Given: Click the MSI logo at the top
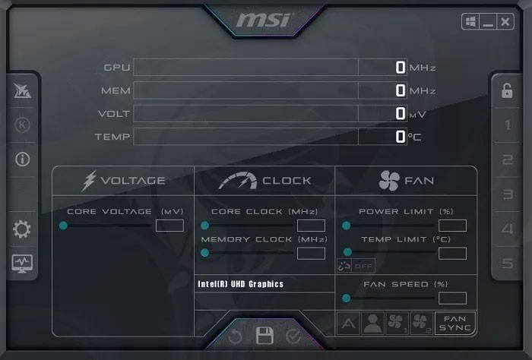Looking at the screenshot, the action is pos(264,21).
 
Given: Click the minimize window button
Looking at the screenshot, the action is pos(488,22).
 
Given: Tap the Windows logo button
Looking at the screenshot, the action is pos(470,22).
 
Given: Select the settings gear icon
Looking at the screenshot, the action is pos(22,229).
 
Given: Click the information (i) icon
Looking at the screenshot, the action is pos(22,159).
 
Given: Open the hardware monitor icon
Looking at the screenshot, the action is pos(22,264).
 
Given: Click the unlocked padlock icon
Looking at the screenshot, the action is pos(507,90).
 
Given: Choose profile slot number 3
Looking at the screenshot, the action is pos(508,194).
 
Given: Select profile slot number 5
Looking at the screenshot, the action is pos(508,264).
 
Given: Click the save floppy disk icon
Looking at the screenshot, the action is pos(264,336).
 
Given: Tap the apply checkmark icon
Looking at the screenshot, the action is pos(293,336).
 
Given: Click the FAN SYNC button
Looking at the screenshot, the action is pos(454,324).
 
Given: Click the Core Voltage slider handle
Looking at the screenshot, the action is pos(63,226).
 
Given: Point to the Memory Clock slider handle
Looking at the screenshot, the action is pos(204,253).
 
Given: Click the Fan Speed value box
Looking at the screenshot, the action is pos(452,298).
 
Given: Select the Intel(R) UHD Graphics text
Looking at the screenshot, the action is pos(240,284).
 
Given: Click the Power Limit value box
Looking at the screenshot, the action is pos(452,226).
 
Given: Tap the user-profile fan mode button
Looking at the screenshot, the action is pos(372,324).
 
